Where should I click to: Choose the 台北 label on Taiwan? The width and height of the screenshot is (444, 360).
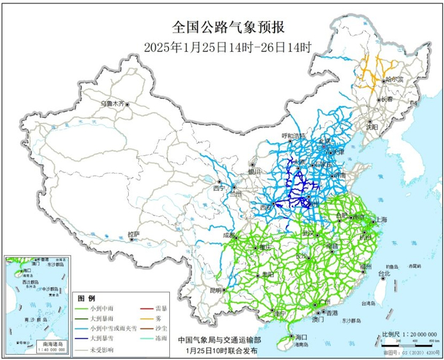tap(385, 273)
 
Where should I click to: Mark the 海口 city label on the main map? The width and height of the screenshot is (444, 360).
tap(300, 337)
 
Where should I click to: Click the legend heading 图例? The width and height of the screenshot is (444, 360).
tap(86, 298)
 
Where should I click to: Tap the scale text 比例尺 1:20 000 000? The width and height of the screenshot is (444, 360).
tap(407, 333)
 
